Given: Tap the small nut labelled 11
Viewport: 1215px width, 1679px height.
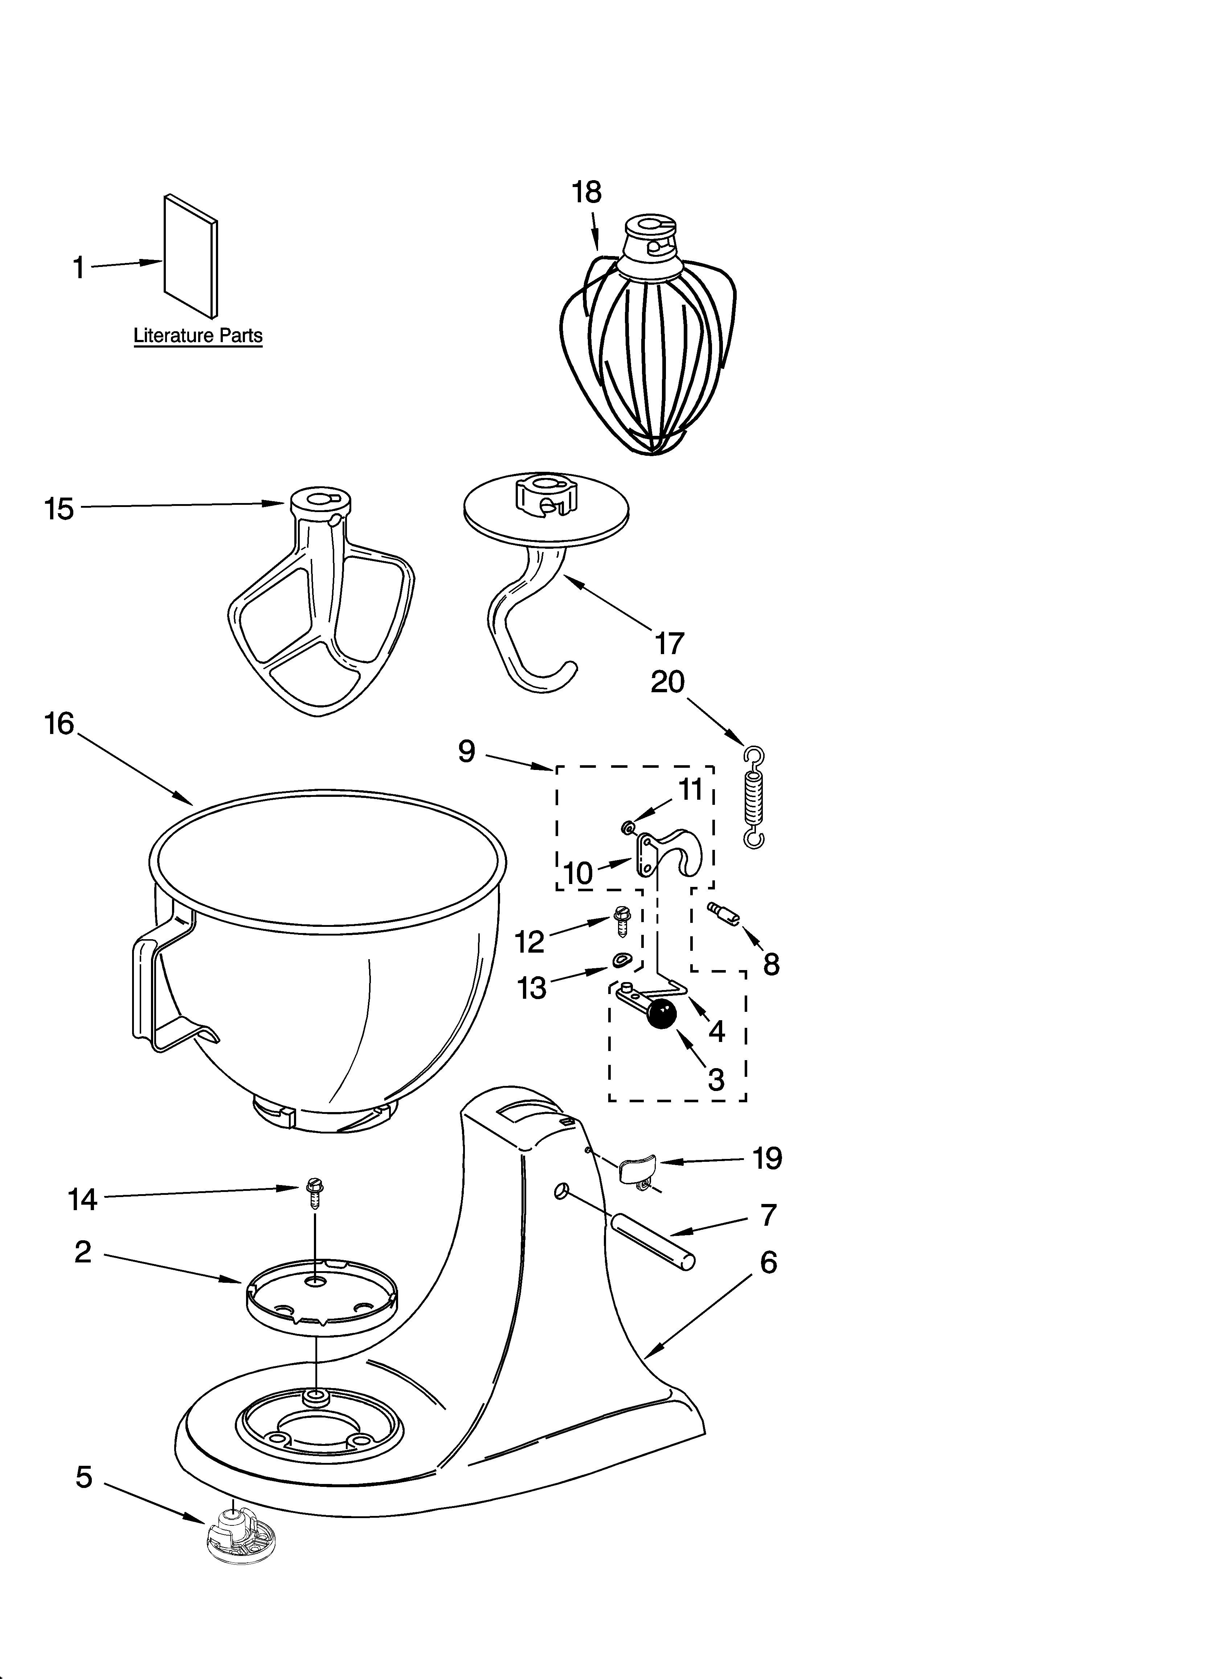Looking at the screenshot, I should click(628, 826).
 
